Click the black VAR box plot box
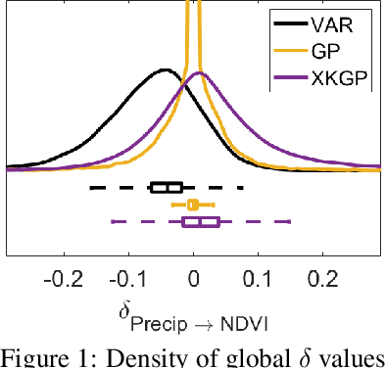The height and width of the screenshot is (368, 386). coord(167,187)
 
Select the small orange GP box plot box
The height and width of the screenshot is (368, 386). coord(193,205)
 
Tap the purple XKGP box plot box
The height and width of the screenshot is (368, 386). coord(201,222)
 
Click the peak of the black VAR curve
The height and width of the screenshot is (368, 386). coord(165,70)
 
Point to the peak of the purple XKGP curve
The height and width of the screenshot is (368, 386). coord(199,73)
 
